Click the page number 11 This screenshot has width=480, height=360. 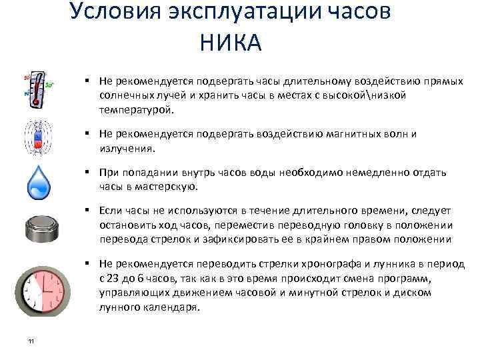31,342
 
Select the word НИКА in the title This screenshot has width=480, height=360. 230,43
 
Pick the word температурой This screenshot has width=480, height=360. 135,109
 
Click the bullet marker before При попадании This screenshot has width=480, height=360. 87,172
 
